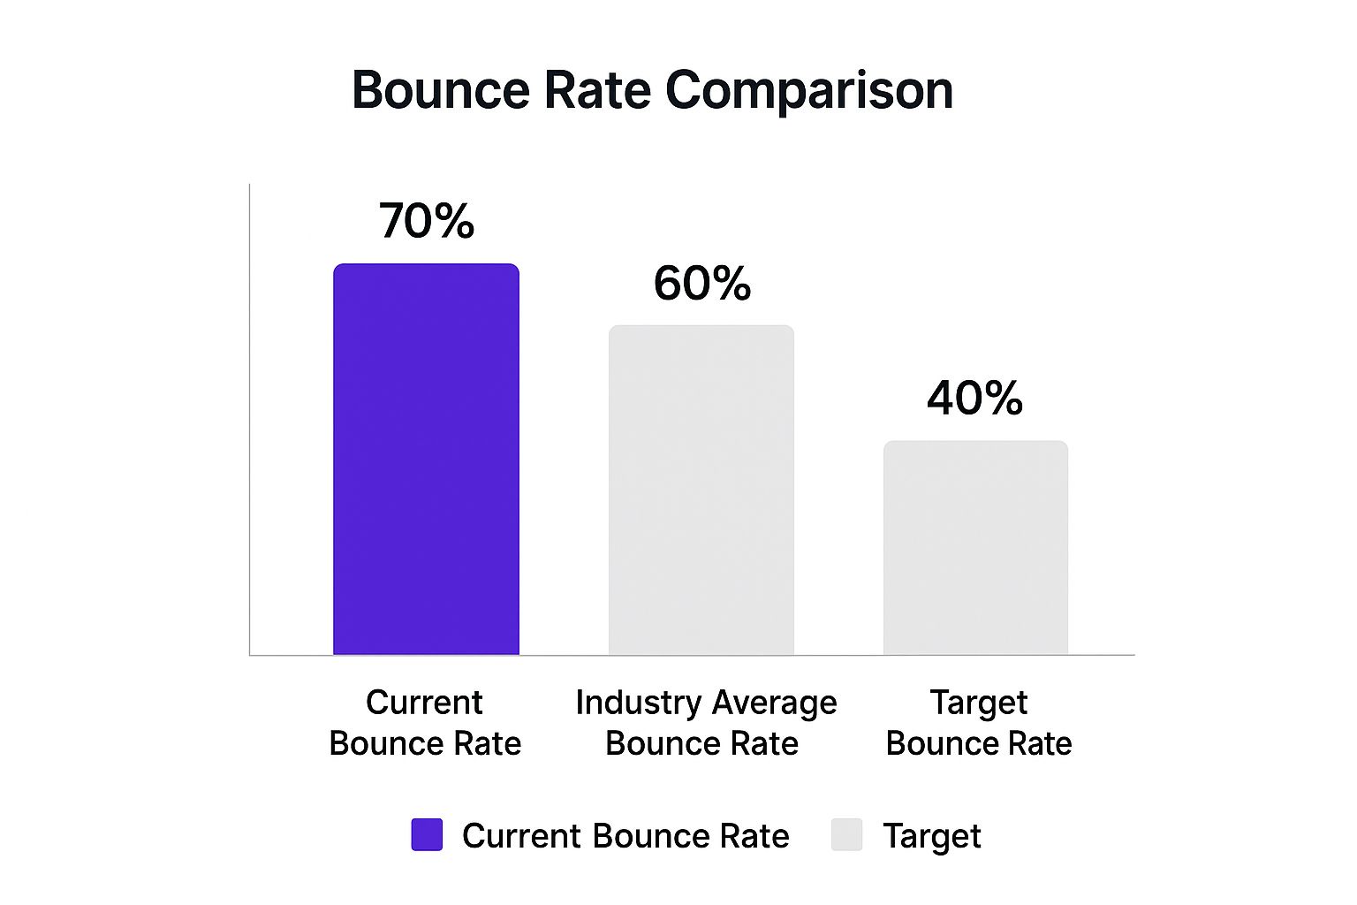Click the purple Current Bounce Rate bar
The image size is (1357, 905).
[426, 460]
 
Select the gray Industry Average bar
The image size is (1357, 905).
[701, 491]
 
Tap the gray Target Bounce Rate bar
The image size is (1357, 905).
[976, 548]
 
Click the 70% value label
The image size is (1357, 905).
[427, 221]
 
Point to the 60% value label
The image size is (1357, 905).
[702, 284]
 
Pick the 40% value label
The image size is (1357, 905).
[975, 399]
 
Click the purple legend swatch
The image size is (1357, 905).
[427, 835]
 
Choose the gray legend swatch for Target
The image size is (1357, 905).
[846, 835]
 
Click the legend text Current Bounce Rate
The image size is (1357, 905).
[625, 836]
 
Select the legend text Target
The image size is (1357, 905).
[932, 836]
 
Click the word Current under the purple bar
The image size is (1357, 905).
[424, 703]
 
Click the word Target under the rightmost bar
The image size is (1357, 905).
[979, 703]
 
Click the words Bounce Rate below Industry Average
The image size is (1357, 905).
[702, 743]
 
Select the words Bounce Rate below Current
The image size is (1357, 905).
[425, 743]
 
